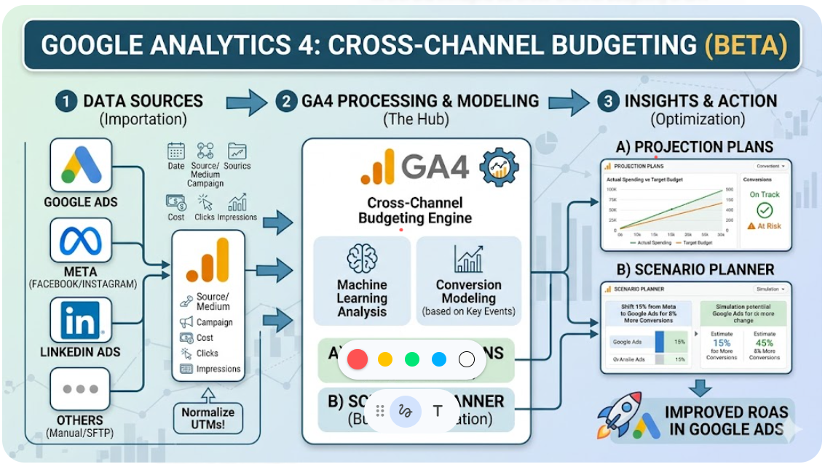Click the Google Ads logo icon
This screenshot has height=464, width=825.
tap(81, 165)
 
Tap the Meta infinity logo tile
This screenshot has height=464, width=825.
tap(81, 240)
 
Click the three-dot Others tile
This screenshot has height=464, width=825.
tap(81, 389)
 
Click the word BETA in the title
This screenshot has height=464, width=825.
tap(746, 45)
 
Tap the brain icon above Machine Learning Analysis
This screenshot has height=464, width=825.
tap(362, 259)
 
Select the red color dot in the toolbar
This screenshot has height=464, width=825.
tap(357, 359)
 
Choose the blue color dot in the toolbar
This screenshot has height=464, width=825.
tap(438, 359)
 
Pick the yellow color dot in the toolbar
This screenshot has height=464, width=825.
tap(385, 359)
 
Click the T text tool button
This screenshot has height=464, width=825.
tap(438, 411)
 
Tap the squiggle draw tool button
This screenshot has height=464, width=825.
tap(406, 411)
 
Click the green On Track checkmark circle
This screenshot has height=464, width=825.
tap(765, 210)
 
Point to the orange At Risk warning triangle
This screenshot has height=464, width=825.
tap(751, 226)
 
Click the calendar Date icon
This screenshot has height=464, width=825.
tap(176, 151)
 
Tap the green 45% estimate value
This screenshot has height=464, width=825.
tap(765, 343)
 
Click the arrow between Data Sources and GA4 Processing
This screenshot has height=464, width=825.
tap(247, 103)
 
